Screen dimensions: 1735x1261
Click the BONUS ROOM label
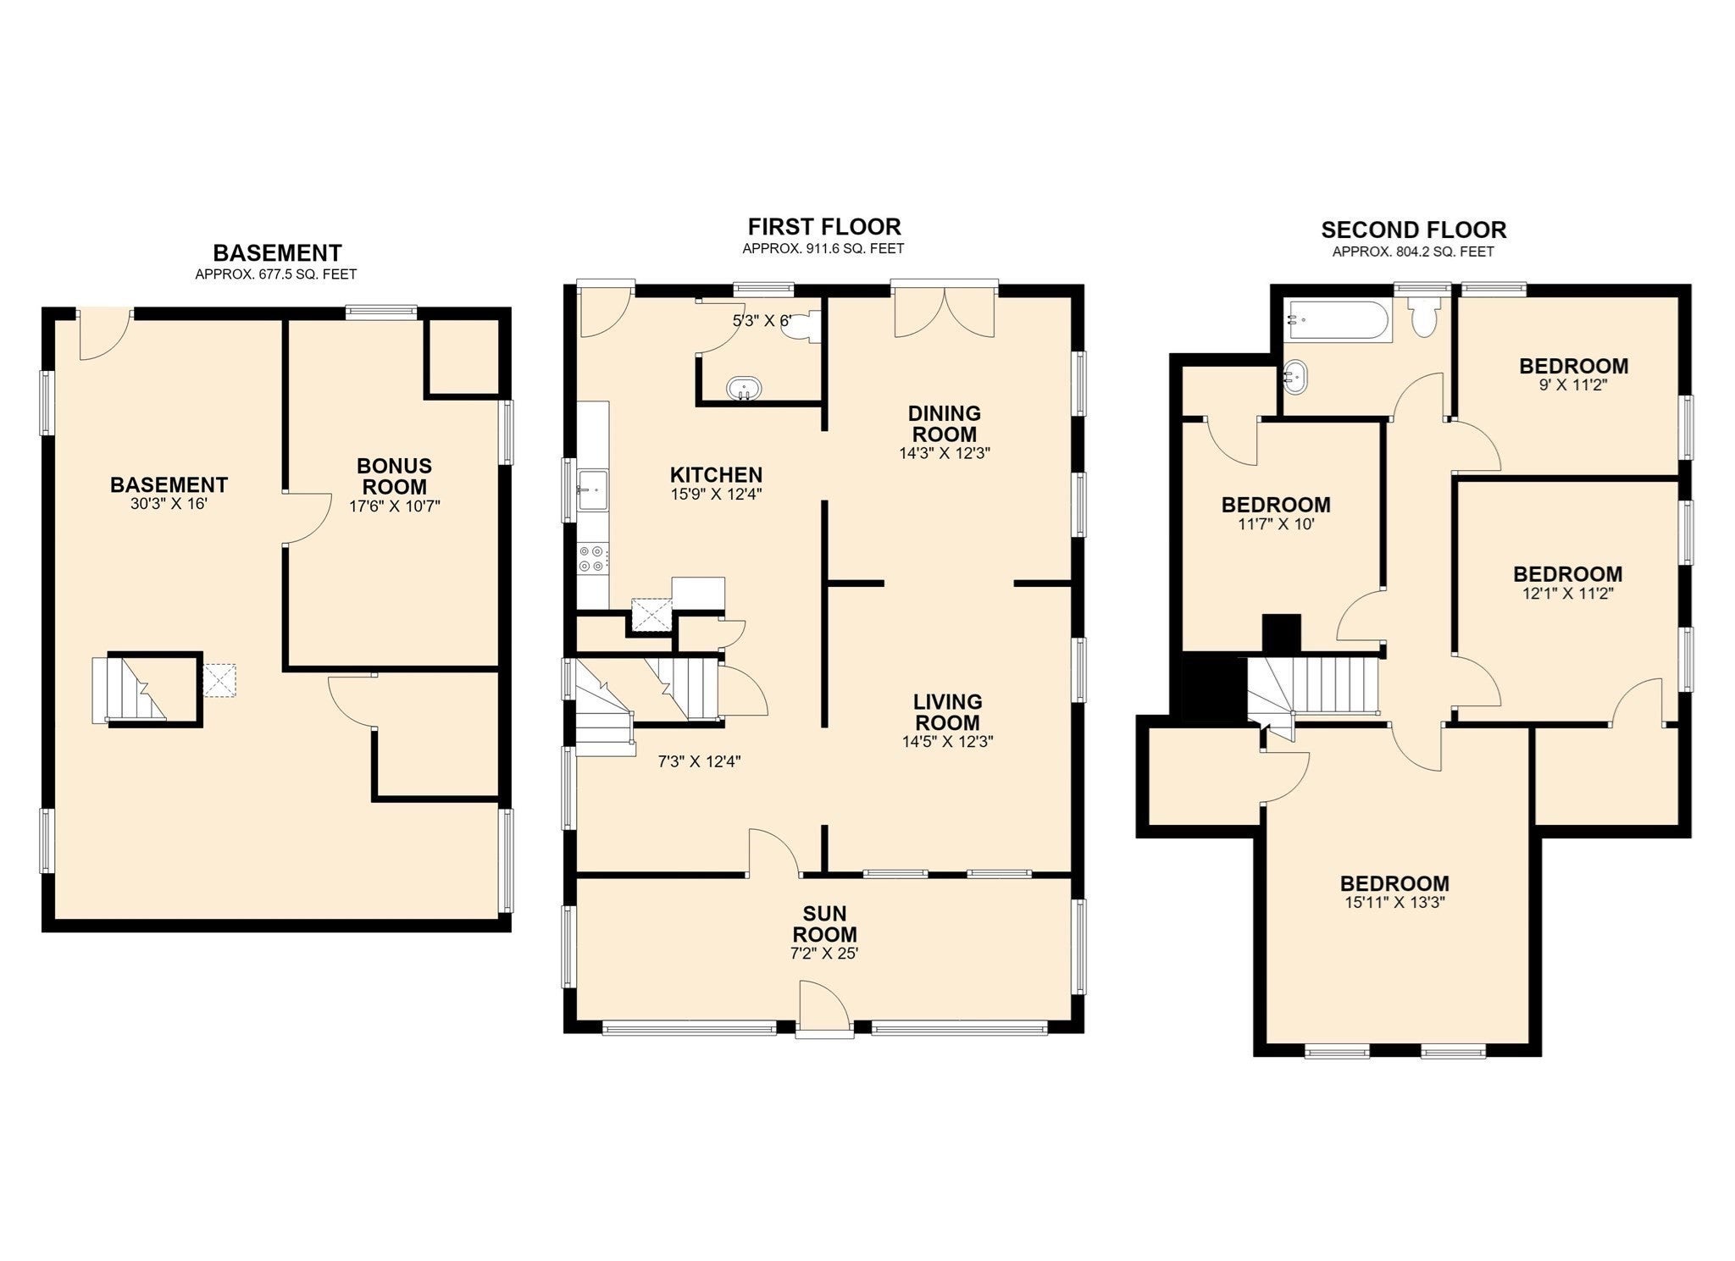(x=395, y=476)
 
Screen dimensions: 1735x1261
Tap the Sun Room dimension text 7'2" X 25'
(x=824, y=954)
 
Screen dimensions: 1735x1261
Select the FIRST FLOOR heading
(x=824, y=227)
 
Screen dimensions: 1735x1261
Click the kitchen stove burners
(x=591, y=558)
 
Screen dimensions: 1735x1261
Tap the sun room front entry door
(x=824, y=1008)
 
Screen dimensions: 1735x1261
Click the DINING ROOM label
(x=945, y=423)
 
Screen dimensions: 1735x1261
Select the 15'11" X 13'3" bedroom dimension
(x=1394, y=903)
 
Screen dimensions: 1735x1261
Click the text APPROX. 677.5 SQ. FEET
(x=276, y=274)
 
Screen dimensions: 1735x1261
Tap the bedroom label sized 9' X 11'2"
(x=1573, y=367)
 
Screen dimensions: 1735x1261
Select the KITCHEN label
(x=716, y=475)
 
